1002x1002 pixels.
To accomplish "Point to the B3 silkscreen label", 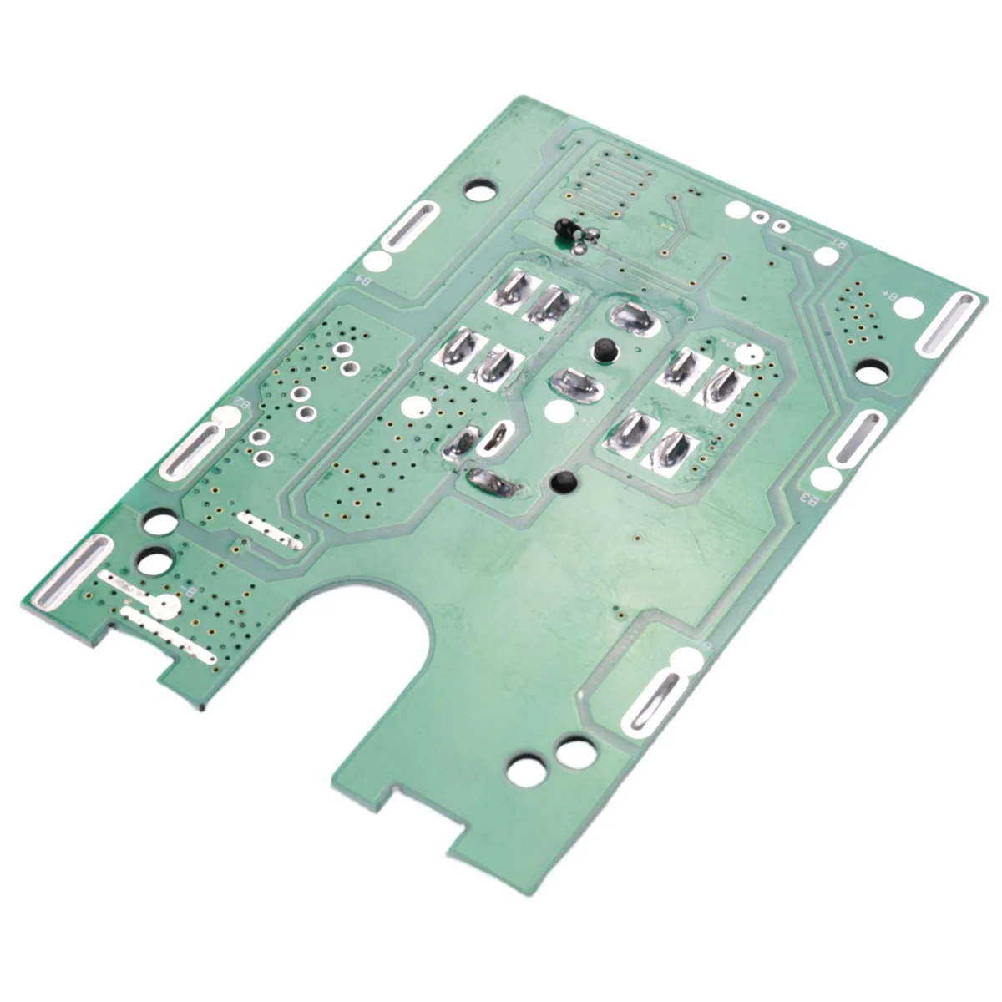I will point(808,498).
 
